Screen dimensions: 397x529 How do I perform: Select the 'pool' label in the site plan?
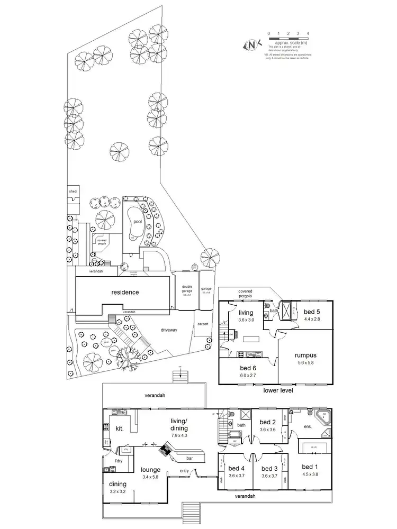(x=138, y=223)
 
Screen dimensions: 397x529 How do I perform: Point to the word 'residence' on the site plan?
(x=125, y=292)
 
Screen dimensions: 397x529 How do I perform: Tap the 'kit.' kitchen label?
(x=120, y=428)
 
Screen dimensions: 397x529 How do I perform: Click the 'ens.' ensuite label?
(x=308, y=426)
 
